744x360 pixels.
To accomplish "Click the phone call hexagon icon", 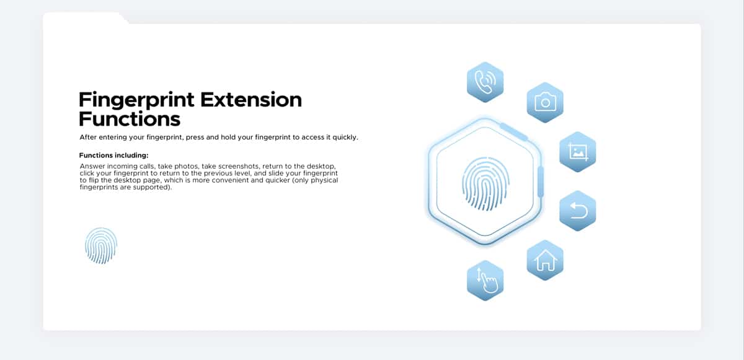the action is (485, 82).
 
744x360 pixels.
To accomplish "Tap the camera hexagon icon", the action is (545, 102).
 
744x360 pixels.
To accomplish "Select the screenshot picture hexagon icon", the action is (578, 152).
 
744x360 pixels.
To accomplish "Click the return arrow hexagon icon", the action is (578, 211).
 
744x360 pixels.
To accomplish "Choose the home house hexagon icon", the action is (545, 260).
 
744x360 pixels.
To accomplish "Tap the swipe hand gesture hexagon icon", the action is (485, 281).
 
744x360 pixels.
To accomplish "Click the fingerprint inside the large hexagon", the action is (485, 183).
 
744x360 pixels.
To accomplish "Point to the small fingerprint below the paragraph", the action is (101, 245).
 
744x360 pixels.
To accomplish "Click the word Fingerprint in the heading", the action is (136, 100).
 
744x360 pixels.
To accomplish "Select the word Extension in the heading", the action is (251, 100).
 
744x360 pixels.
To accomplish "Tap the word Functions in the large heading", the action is (130, 119).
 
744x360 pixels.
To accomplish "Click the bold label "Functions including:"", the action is (113, 156).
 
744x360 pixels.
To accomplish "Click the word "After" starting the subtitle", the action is (88, 137).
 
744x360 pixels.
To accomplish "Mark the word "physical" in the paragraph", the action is (324, 180).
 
